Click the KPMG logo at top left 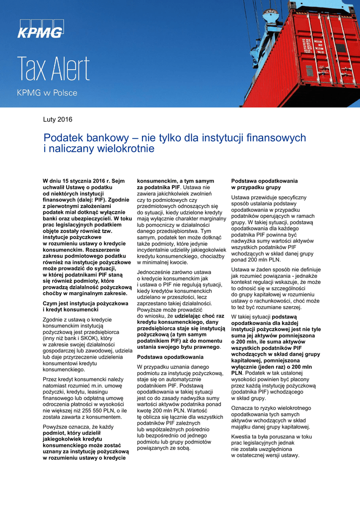41,30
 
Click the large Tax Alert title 54,69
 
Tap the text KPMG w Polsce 47,93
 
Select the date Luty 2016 58,120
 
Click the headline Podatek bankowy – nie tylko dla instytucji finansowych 175,137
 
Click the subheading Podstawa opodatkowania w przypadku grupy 265,184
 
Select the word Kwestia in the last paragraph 242,437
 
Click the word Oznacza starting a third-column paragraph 243,408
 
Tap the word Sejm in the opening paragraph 118,182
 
